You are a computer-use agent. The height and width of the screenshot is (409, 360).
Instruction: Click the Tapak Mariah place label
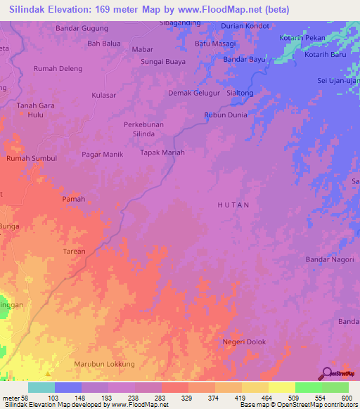(162, 152)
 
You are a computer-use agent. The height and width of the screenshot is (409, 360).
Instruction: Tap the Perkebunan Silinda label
(144, 129)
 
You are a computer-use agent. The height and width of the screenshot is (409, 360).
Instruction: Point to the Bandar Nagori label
(328, 259)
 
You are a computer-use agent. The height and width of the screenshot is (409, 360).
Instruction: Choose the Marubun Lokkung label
(104, 364)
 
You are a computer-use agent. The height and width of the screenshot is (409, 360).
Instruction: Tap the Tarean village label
(74, 251)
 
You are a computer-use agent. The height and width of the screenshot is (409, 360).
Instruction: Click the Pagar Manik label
(103, 154)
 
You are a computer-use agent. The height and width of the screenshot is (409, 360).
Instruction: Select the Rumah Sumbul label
(31, 159)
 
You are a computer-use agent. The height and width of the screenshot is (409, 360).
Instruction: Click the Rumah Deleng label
(58, 69)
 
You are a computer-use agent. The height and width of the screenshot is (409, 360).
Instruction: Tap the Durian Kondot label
(245, 25)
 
